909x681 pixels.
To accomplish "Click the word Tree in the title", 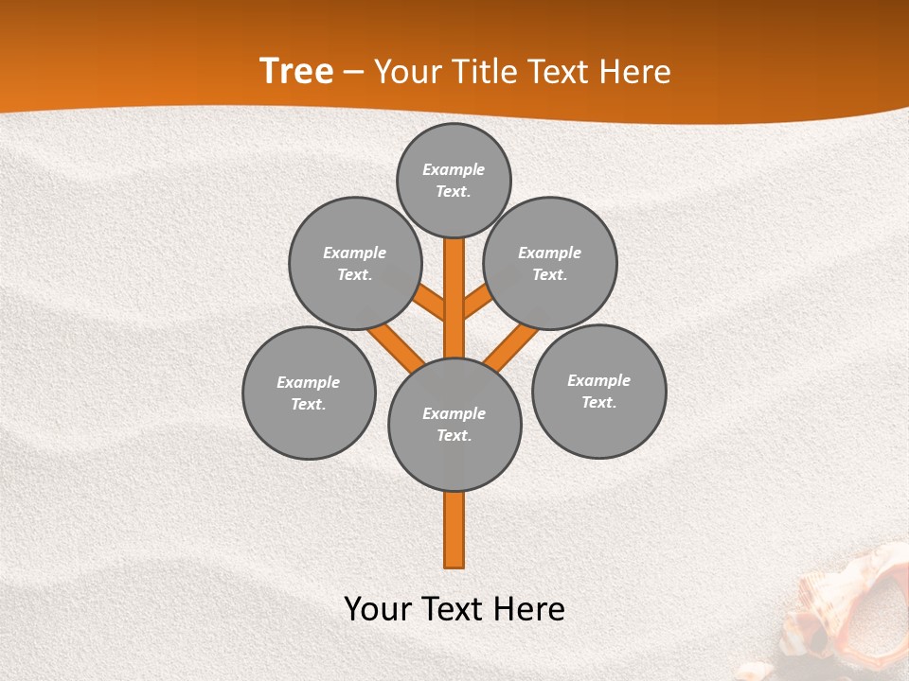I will click(296, 71).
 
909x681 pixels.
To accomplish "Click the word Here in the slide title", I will click(636, 72).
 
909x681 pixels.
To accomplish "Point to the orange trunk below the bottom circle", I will click(454, 530).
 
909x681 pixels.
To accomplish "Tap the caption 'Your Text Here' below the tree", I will click(454, 608).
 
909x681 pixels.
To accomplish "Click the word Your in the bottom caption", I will click(378, 608).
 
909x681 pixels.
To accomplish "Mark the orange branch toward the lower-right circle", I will click(509, 347).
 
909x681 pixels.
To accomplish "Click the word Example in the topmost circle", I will click(454, 169).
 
